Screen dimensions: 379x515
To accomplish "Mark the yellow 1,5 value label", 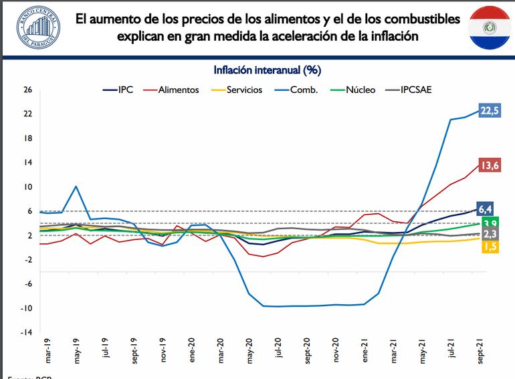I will tap(489, 247).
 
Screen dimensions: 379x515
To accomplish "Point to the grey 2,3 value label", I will tap(489, 235).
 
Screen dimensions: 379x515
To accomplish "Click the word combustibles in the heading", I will tap(419, 19).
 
